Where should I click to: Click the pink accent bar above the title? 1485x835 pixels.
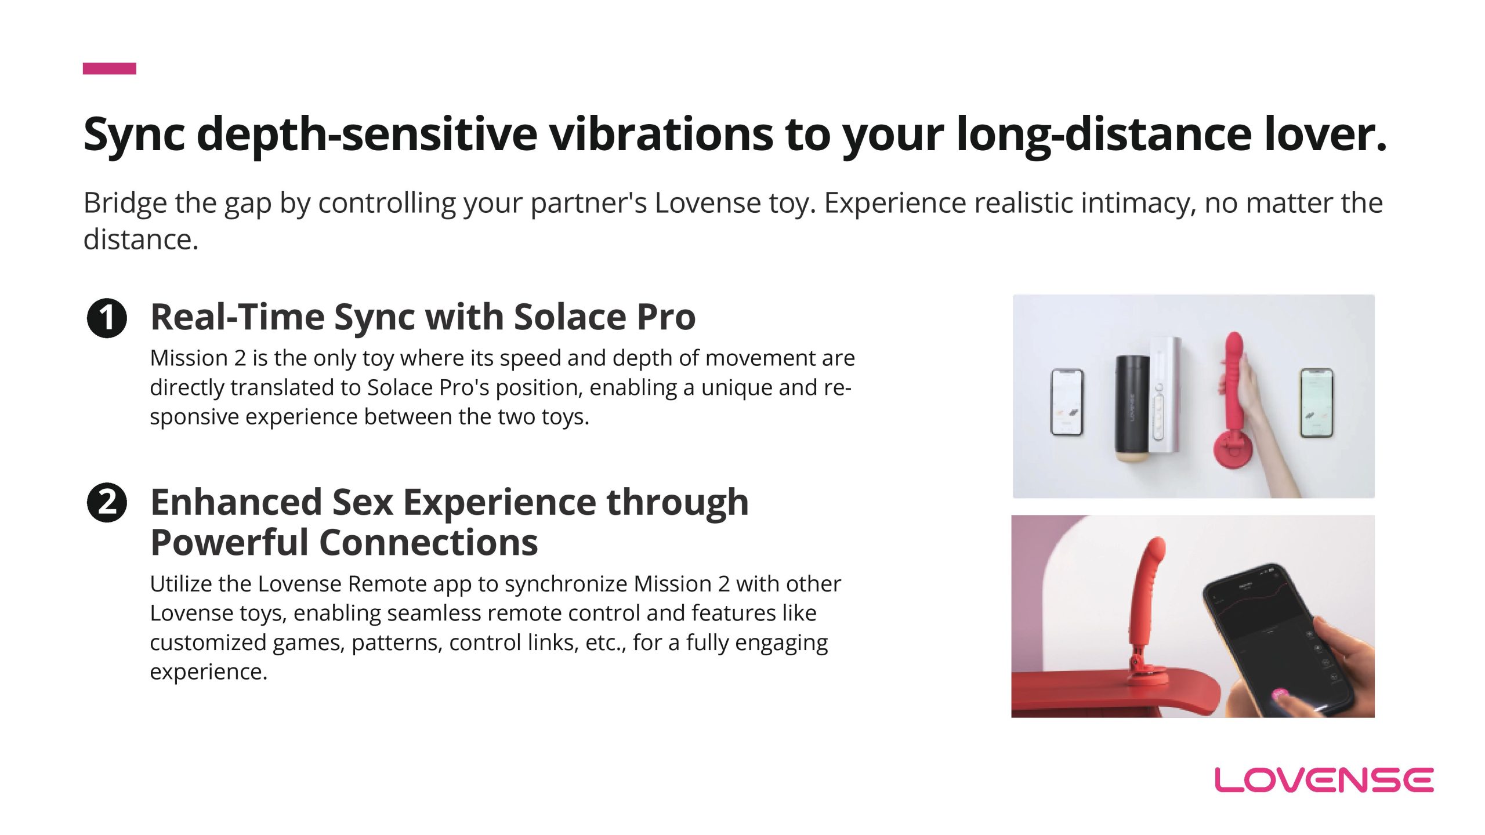coord(110,68)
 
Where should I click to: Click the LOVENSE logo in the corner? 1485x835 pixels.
coord(1324,780)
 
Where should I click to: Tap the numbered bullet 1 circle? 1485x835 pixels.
coord(107,318)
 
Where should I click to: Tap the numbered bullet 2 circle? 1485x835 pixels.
coord(107,502)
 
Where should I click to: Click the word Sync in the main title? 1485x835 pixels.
coord(134,135)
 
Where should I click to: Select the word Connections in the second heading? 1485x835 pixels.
coord(428,542)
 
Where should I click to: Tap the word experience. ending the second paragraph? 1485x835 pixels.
coord(209,672)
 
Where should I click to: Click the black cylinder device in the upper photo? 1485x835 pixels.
coord(1131,409)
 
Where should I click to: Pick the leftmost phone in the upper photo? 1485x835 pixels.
coord(1067,402)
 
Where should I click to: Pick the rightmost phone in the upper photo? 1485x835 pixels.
coord(1316,402)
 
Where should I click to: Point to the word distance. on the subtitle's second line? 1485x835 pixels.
coord(141,239)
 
